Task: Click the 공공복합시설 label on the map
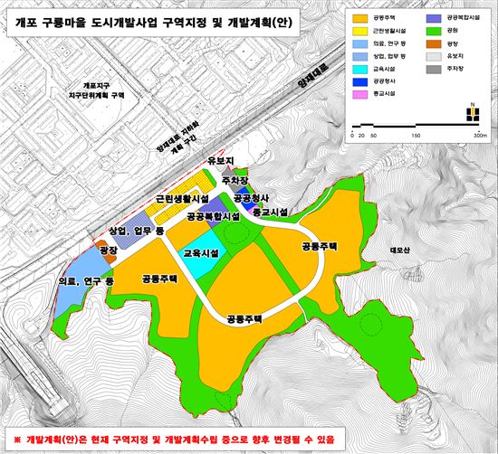(x=213, y=217)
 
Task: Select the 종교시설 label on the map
(x=268, y=212)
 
